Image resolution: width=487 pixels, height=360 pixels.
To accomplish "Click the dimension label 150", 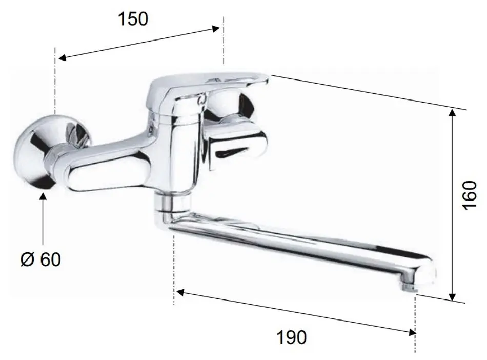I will coord(133,19).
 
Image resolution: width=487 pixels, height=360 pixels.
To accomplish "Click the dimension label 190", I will coord(292,337).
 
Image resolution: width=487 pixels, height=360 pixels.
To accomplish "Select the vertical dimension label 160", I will coord(469,195).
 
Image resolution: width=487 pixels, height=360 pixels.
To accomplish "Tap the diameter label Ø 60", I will coord(40,259).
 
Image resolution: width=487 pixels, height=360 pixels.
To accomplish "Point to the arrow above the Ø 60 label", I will coord(43,215).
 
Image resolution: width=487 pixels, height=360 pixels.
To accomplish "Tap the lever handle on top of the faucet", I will coord(205,85).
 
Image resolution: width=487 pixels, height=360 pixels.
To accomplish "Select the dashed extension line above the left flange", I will coord(54,77).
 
